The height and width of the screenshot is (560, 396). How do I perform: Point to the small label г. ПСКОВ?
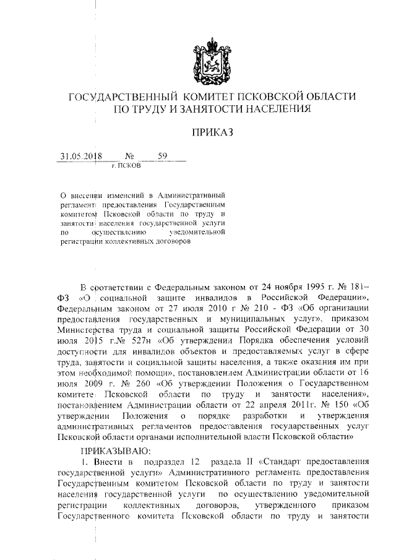click(126, 166)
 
